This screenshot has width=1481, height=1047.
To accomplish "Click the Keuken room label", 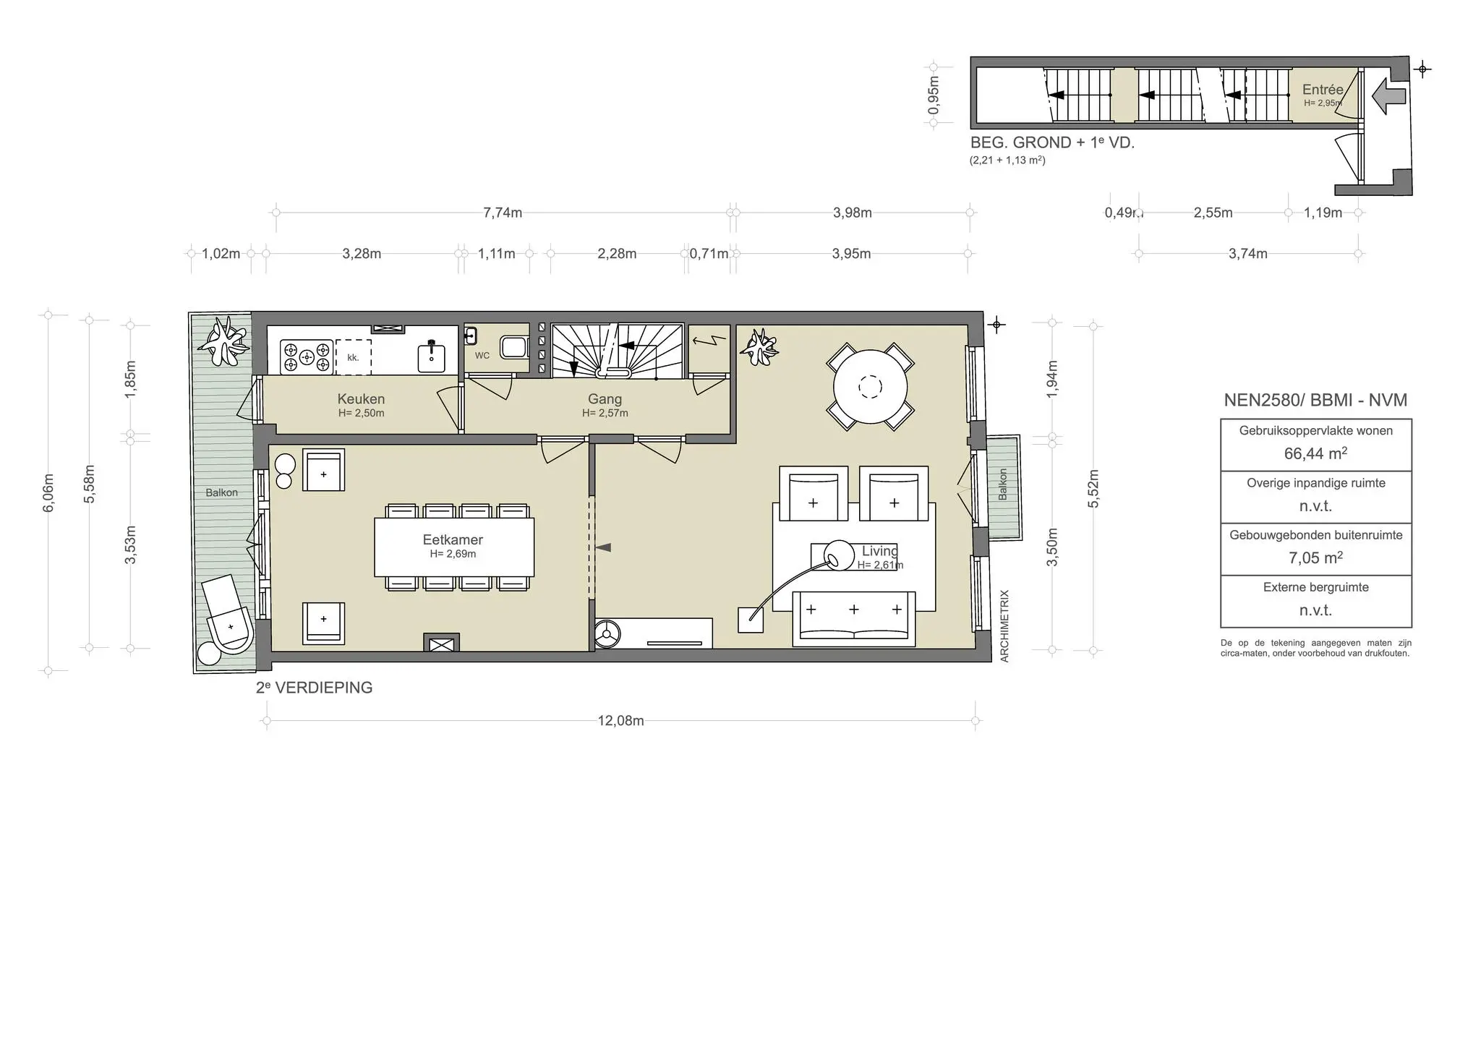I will pos(361,399).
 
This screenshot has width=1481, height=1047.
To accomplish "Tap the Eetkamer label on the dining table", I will pos(453,540).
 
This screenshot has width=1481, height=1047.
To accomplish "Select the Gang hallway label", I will pos(605,399).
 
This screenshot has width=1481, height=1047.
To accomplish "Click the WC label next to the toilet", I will pos(482,356).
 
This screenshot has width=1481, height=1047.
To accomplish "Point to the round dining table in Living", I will pos(870,387).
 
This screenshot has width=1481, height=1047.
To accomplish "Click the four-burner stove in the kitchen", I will pos(306,356).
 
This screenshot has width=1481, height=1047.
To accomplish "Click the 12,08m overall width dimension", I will pos(620,721).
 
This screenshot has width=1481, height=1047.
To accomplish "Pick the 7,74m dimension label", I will pos(503,213).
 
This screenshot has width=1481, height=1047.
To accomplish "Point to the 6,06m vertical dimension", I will pos(48,493).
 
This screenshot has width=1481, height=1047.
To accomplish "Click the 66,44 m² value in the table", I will pos(1315,453).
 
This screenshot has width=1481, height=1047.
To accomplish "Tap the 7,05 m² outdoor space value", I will pos(1315,558).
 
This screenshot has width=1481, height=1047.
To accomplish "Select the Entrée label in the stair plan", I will pos(1323,90).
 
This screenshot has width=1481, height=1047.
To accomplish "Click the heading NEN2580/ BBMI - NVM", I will pos(1315,400).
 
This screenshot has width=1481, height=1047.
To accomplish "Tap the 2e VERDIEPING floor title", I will pos(314,688).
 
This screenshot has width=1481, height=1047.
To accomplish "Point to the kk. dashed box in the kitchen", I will pos(354,357).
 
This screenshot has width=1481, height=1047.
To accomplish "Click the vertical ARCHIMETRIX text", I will pos(1004,626).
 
